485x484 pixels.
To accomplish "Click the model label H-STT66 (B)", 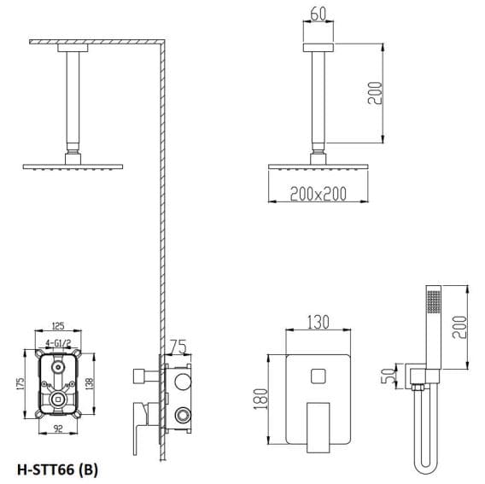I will point(63,469).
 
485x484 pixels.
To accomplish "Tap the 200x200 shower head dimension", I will point(317,194).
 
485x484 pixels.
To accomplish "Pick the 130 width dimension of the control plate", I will point(318,323).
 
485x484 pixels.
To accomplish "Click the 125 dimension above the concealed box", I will point(58,325).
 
